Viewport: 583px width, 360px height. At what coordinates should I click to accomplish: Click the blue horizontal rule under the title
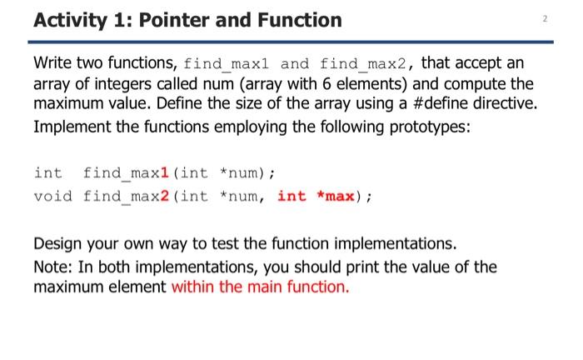pyautogui.click(x=291, y=42)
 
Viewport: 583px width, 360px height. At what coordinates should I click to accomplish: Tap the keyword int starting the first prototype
pyautogui.click(x=47, y=173)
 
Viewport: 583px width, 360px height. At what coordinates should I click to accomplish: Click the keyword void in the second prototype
pyautogui.click(x=52, y=197)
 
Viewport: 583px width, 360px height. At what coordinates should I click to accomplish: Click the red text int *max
pyautogui.click(x=318, y=197)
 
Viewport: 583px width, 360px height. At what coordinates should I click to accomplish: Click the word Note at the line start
pyautogui.click(x=52, y=267)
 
